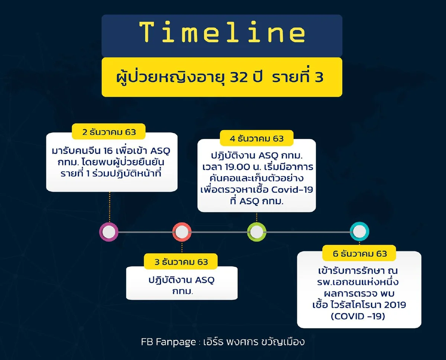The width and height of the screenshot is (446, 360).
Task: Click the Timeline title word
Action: [x=222, y=33]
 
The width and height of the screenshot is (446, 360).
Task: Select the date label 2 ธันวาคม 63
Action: [x=109, y=132]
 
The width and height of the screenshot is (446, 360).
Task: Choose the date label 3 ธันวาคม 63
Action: [x=181, y=262]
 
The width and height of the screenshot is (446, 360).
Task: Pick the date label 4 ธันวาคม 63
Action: [x=256, y=139]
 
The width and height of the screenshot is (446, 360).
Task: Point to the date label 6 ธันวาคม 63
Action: [x=360, y=254]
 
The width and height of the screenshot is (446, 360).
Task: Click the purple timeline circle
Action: [x=109, y=232]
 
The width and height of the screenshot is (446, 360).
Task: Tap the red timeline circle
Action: [x=182, y=232]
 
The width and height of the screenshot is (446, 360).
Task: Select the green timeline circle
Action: [x=256, y=232]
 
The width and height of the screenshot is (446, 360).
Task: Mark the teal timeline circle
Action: [x=359, y=232]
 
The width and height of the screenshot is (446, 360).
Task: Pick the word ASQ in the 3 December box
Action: [x=204, y=280]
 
